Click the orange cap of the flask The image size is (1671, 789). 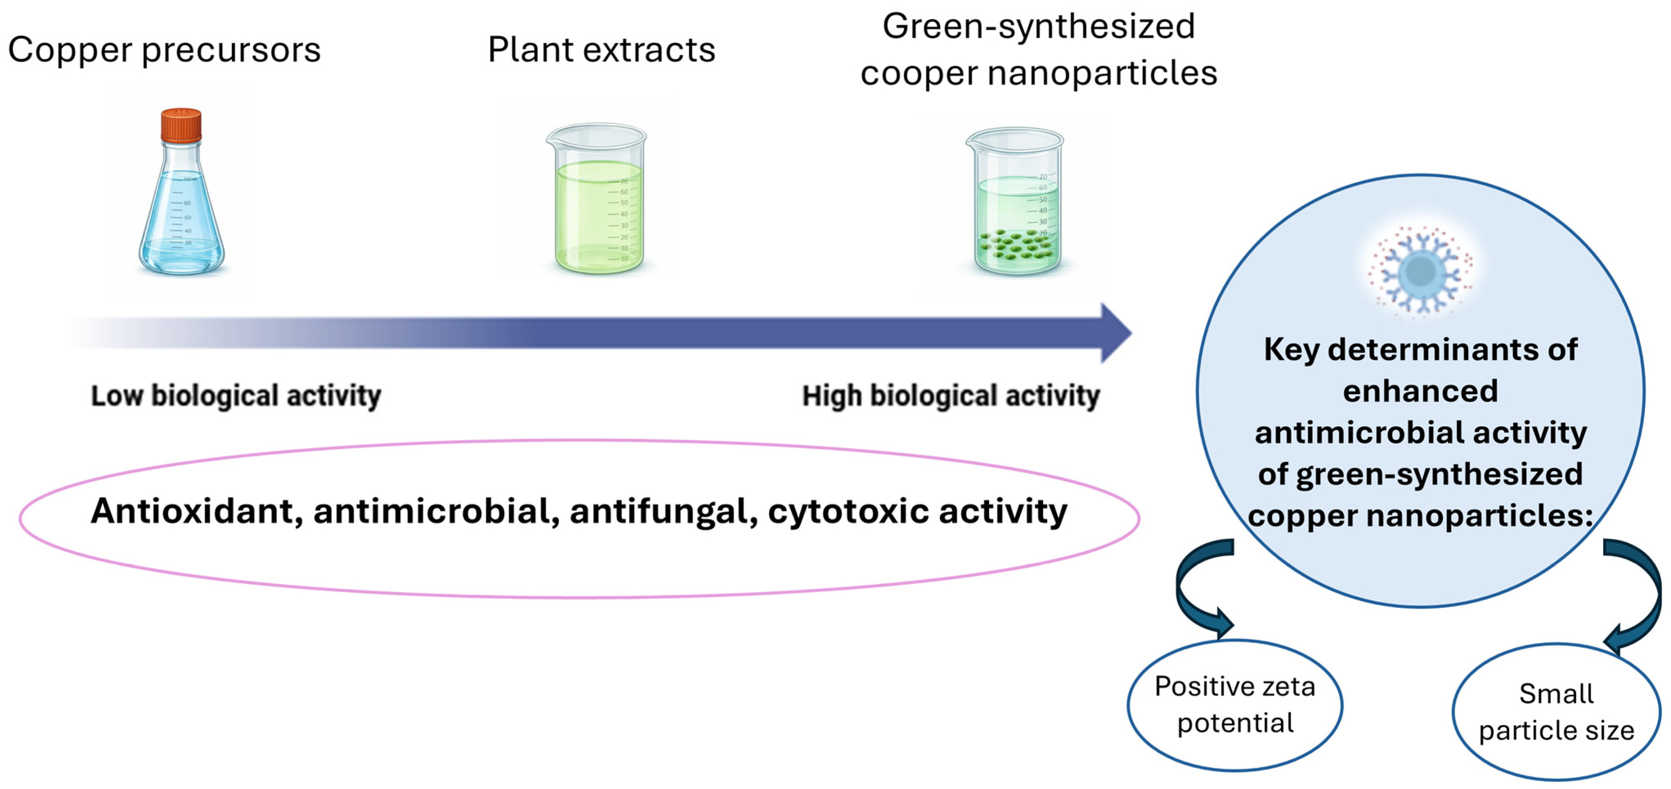pos(181,125)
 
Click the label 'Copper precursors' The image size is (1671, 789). pos(164,50)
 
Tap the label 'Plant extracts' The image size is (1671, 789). pos(601,50)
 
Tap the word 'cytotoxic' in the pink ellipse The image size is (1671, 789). pos(849,511)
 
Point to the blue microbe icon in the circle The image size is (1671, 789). pos(1420,271)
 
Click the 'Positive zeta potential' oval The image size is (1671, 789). pos(1235,705)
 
